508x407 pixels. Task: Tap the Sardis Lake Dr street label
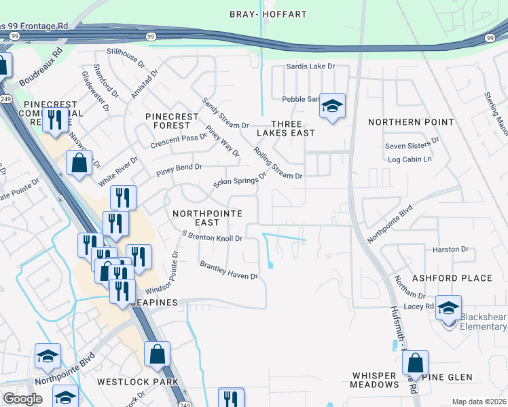point(311,66)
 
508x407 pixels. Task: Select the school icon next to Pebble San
point(332,106)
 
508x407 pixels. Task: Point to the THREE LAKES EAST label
point(285,128)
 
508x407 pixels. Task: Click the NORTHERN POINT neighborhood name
point(411,122)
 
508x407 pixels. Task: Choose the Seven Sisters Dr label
point(412,146)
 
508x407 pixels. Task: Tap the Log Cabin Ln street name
point(409,159)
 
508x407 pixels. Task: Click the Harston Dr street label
point(450,250)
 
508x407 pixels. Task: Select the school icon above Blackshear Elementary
point(448,308)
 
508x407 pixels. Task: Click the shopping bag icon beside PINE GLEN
point(415,362)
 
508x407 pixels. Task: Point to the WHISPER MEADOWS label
point(376,380)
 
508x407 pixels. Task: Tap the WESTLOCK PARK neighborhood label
point(138,382)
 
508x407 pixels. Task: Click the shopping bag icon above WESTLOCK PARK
point(157,354)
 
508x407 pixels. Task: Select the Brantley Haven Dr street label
point(228,270)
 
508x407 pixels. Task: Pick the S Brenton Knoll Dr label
point(213,236)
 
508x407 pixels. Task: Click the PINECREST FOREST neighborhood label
point(172,121)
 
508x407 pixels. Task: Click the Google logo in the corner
point(22,399)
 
